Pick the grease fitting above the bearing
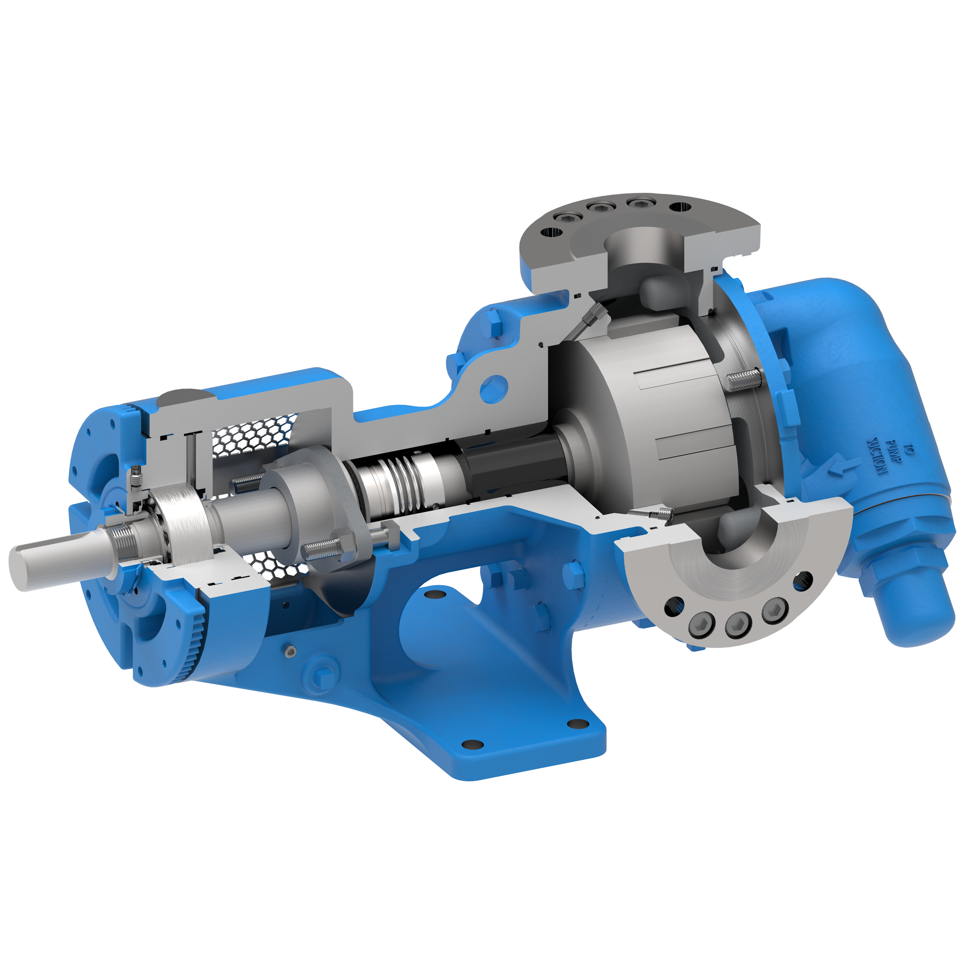pos(136,478)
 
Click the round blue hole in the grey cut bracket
pos(494,389)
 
